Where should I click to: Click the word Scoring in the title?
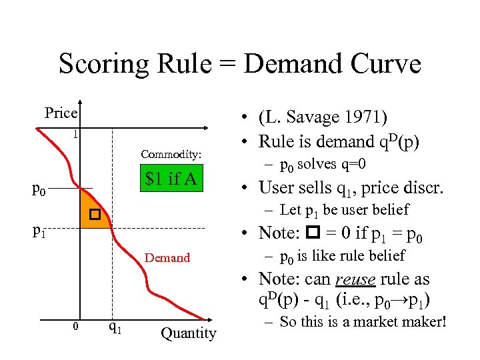click(104, 65)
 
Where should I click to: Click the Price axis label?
click(61, 113)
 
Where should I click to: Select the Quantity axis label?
click(189, 333)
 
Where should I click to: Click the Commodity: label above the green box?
click(171, 154)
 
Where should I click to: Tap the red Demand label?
click(167, 257)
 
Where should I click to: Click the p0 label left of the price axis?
click(39, 189)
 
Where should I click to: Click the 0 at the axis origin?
click(76, 326)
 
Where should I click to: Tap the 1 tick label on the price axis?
click(76, 134)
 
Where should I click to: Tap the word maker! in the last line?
click(421, 322)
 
